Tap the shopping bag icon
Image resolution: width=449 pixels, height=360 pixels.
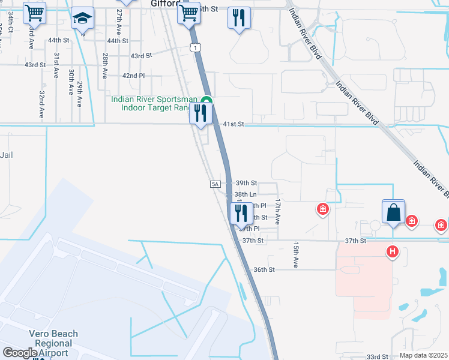click(393, 212)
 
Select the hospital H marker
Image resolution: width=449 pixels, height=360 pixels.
click(393, 251)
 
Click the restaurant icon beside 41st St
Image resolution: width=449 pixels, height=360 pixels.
click(200, 113)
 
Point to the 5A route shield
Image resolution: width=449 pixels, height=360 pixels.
click(215, 184)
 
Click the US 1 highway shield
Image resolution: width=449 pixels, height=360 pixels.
click(194, 47)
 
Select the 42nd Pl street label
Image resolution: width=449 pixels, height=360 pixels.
click(133, 76)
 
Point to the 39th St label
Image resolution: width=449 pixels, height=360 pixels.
click(246, 183)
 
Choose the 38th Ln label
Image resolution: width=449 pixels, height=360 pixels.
click(246, 194)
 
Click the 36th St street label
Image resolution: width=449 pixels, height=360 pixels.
click(264, 270)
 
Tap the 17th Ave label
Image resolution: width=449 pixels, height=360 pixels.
click(277, 212)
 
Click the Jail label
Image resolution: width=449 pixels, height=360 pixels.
click(7, 155)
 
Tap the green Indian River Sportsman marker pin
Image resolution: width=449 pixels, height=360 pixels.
click(206, 101)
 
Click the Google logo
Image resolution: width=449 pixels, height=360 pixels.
click(20, 353)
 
